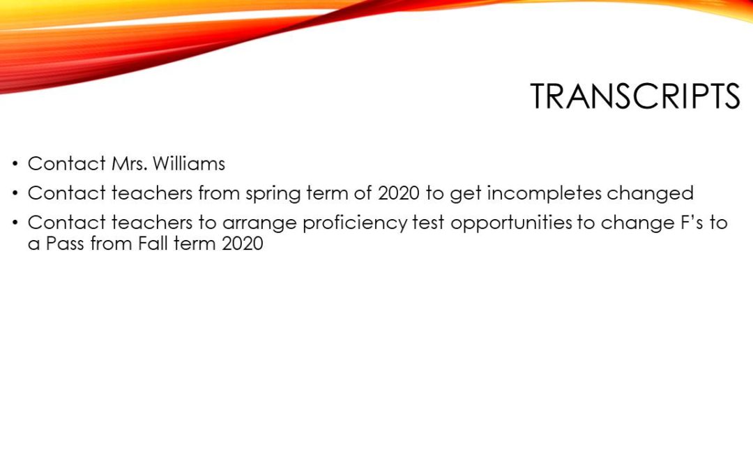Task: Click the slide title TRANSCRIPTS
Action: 635,96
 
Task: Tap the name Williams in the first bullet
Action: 189,163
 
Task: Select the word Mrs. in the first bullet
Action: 129,163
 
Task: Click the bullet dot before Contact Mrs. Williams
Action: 16,164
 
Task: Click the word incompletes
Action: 544,194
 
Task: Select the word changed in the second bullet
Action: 651,193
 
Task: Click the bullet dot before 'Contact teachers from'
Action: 16,194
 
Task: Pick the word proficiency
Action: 355,223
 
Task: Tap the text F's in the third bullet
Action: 692,223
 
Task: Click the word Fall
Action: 150,244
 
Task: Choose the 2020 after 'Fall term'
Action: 243,244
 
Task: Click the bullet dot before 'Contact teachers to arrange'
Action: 16,223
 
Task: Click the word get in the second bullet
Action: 465,195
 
